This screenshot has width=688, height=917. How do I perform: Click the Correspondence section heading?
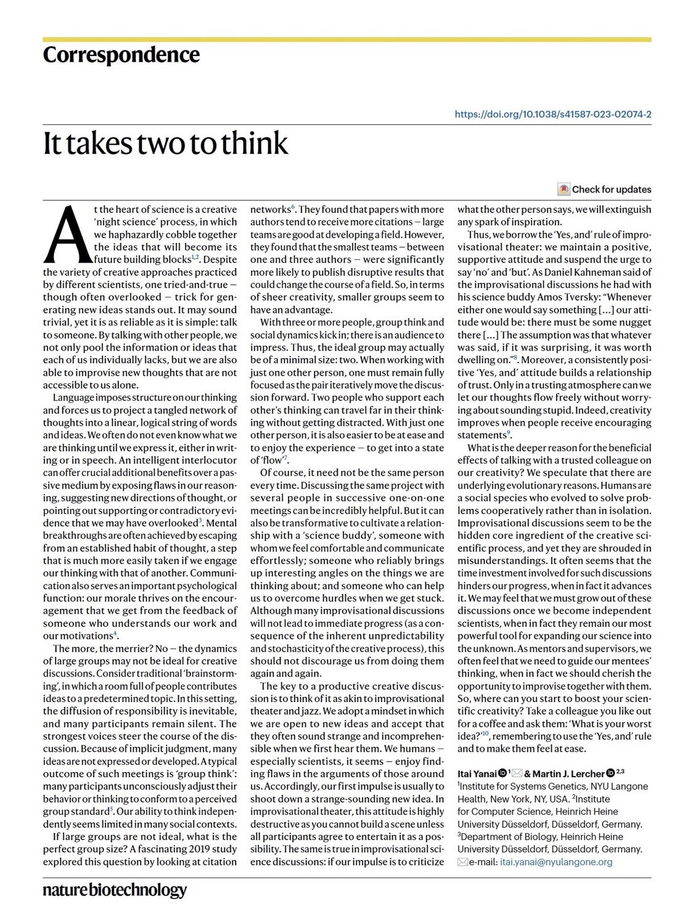pyautogui.click(x=121, y=55)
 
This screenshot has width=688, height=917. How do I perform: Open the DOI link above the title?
pyautogui.click(x=553, y=114)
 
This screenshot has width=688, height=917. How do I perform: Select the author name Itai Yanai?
pyautogui.click(x=477, y=773)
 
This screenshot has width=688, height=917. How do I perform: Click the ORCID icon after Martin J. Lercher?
pyautogui.click(x=610, y=773)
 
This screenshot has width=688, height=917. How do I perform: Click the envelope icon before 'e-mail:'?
pyautogui.click(x=462, y=862)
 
